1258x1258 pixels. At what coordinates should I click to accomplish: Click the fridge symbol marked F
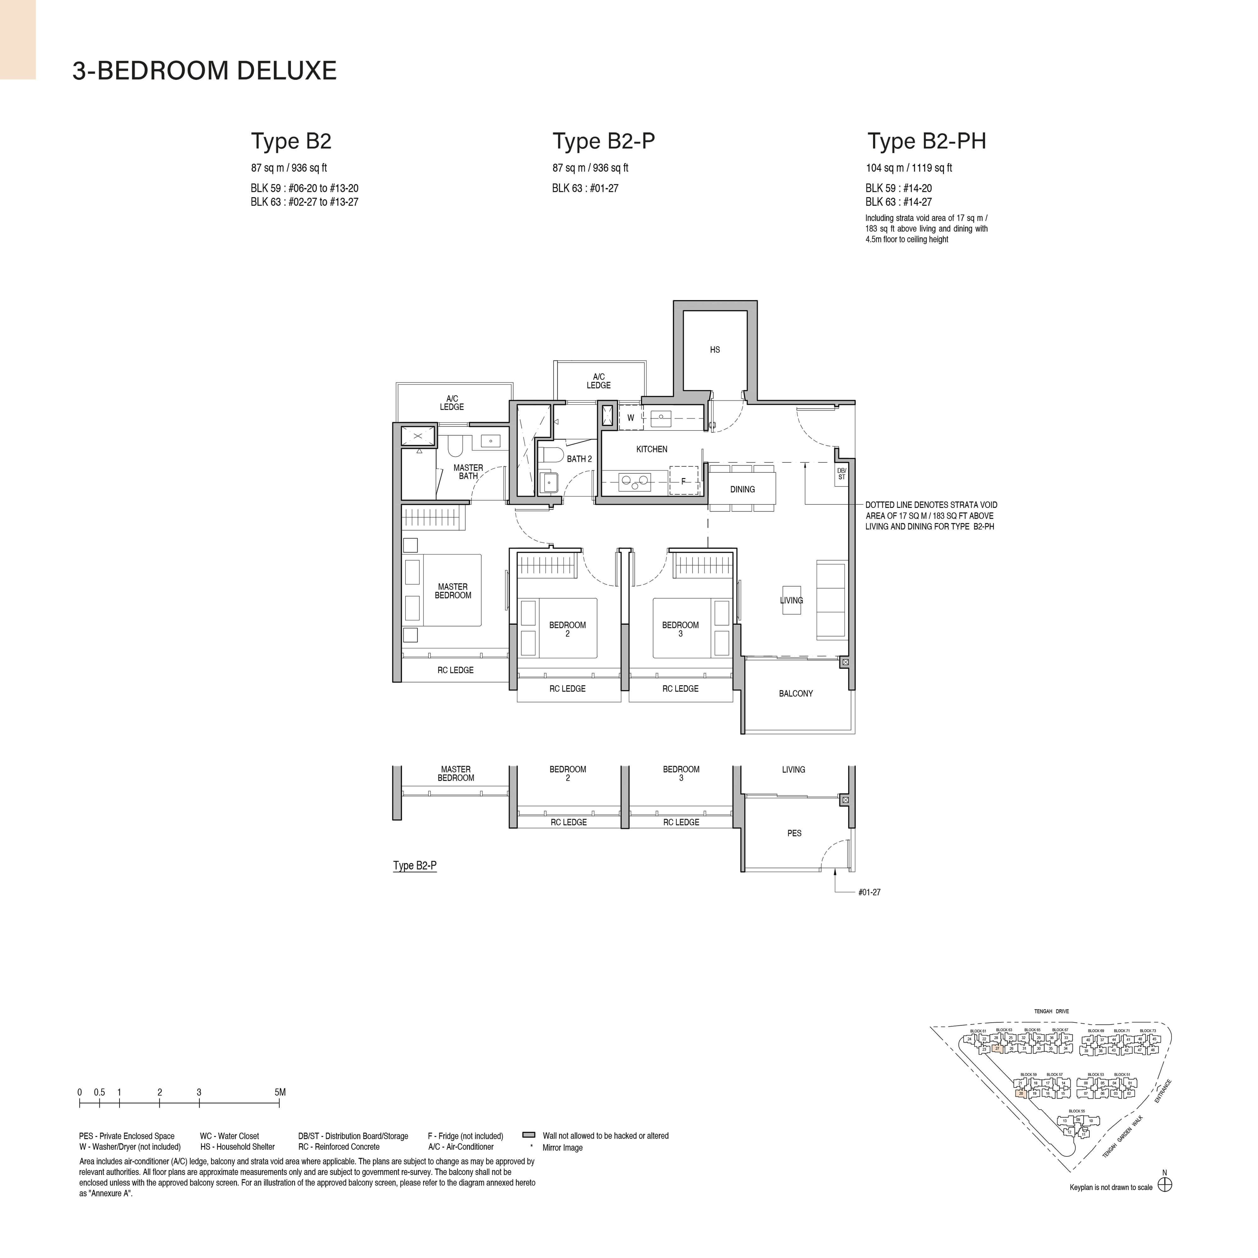683,481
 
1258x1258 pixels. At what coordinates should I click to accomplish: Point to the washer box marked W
630,418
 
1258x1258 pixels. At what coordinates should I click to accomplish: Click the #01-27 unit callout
869,892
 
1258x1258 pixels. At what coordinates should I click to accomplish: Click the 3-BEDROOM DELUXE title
204,70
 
